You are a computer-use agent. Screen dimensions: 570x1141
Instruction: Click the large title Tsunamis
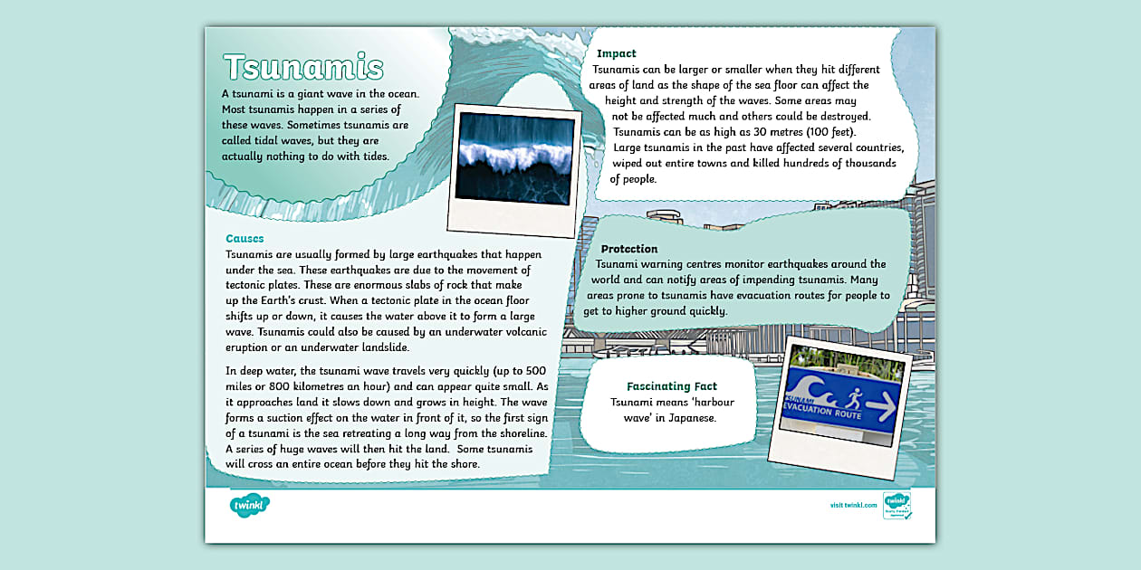(x=303, y=68)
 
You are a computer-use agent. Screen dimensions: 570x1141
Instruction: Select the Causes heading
(x=244, y=239)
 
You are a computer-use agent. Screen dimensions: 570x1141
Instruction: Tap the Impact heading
(x=616, y=53)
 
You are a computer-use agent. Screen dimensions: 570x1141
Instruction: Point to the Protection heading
(x=629, y=249)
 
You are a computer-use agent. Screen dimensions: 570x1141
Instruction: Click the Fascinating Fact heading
(x=672, y=386)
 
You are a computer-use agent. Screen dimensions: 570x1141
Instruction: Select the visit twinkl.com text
(x=853, y=505)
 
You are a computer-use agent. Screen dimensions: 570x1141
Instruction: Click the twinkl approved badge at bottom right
(x=896, y=505)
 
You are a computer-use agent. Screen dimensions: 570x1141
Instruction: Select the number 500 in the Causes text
(x=534, y=370)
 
